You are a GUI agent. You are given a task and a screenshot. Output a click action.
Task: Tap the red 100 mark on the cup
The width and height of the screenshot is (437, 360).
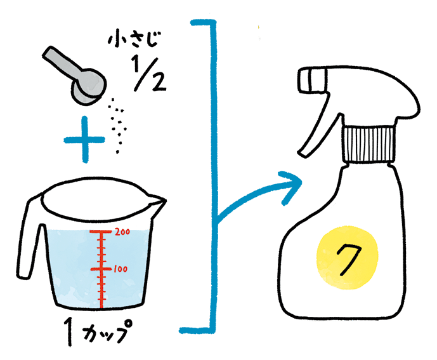tap(121, 269)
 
